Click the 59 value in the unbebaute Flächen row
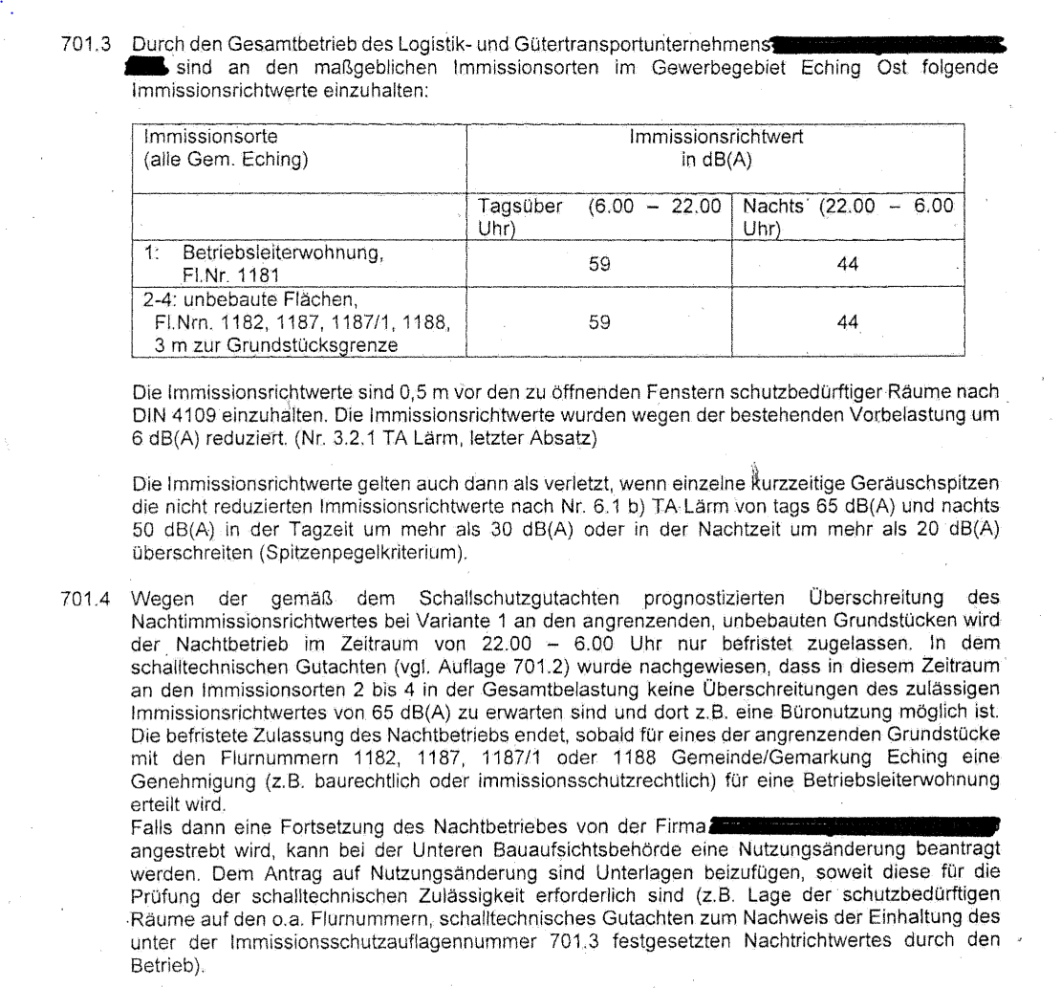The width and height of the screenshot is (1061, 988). (599, 324)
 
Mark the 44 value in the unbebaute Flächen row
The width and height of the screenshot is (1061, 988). (846, 324)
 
